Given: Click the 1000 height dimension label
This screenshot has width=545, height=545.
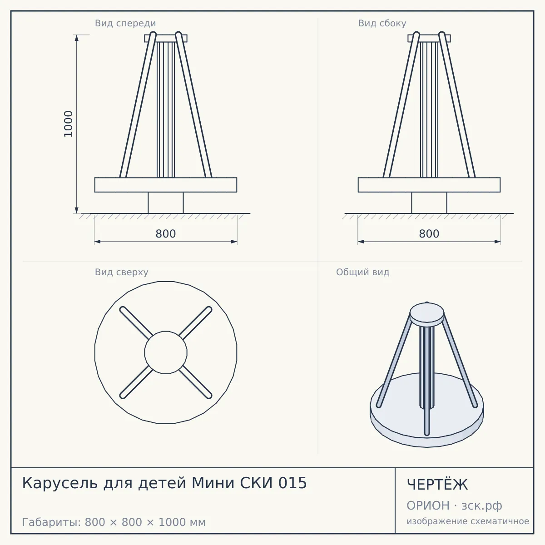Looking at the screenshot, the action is pos(68,124).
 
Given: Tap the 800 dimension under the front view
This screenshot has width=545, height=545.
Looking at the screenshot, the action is pos(166,234).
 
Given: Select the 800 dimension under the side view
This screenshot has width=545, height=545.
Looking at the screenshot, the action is pos(429,234).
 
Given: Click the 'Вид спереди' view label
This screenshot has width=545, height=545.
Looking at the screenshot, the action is pos(125,23).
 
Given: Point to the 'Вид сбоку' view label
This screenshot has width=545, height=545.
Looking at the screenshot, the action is pos(382,23).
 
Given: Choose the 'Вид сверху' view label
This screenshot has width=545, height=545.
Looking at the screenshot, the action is pos(121,272).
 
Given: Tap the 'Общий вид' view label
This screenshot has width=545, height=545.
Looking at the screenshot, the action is pos(362,272).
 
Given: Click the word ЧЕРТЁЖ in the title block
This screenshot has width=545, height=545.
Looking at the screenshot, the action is pos(437,485).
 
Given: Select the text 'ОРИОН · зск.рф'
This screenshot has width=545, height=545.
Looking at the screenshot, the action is pos(454,505).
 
